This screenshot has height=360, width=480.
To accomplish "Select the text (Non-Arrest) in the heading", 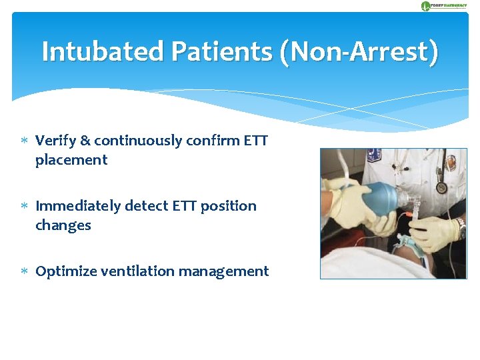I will tap(359, 52).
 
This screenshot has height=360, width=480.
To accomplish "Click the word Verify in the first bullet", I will tap(55, 141).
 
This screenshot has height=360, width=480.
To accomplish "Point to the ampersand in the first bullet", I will tap(85, 141).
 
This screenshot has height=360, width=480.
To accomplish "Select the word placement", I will tap(71, 160).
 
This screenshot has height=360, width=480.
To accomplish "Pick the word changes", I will tap(63, 225).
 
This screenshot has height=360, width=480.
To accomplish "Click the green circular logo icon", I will tap(425, 6).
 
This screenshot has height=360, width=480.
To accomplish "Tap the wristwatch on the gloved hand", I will tap(461, 228).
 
